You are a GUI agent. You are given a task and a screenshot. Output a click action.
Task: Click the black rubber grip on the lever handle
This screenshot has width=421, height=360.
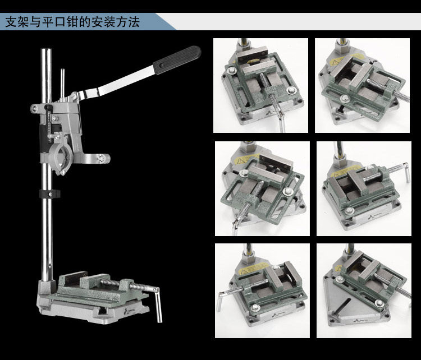(177, 61)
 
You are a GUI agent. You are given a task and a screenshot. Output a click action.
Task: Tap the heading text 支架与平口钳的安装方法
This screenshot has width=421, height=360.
(72, 22)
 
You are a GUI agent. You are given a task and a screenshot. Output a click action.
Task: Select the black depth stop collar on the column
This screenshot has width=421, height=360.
(49, 194)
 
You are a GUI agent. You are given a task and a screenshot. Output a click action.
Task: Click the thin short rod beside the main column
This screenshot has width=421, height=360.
(62, 84)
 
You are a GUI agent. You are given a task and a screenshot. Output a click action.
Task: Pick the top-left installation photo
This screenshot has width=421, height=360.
(260, 85)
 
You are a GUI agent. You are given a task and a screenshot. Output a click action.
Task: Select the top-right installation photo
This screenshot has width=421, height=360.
(362, 85)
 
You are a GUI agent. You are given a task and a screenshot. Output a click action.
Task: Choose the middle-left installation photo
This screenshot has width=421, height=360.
(262, 188)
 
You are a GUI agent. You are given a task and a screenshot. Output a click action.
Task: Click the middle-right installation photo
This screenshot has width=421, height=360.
(364, 188)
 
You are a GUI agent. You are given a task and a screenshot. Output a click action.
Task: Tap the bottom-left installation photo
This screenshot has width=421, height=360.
(262, 291)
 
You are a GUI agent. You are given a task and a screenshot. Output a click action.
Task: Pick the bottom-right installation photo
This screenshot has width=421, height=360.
(364, 291)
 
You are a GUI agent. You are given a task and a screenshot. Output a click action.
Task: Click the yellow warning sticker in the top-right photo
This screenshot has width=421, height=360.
(336, 62)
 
